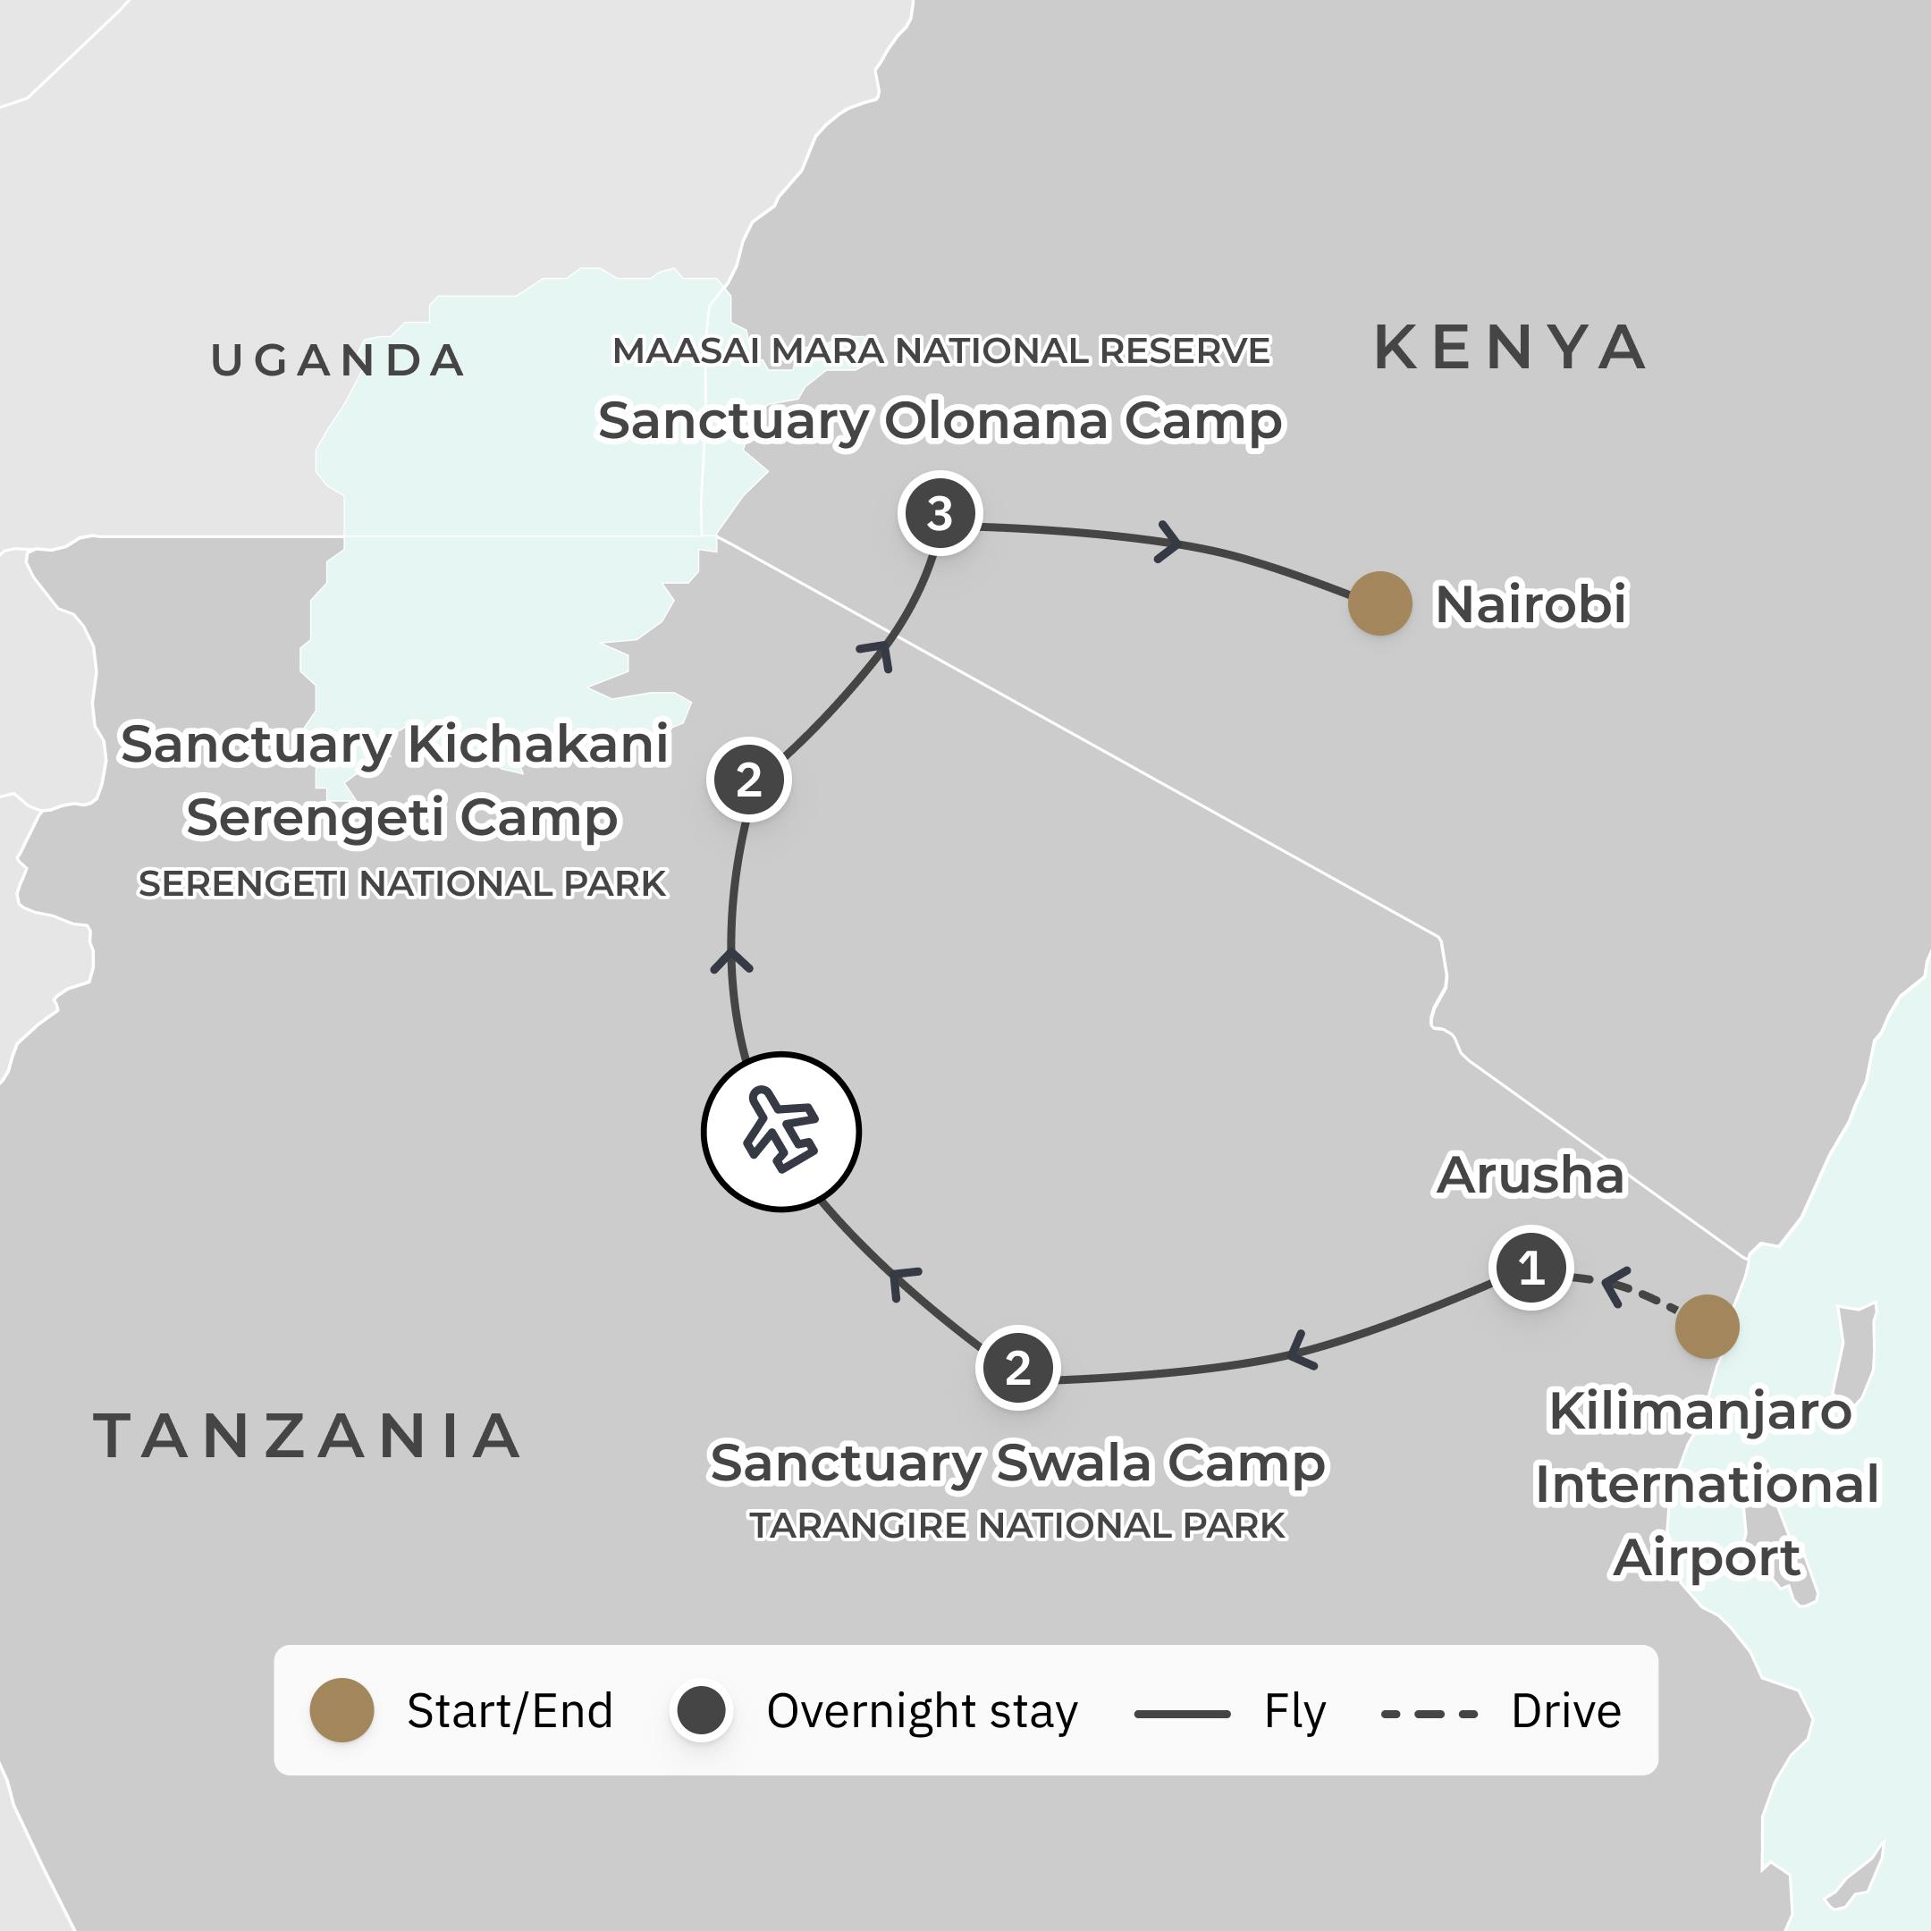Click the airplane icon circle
click(780, 1132)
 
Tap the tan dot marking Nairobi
click(1379, 603)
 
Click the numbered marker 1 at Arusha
click(1530, 1268)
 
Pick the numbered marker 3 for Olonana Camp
click(940, 514)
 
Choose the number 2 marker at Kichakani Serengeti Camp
click(748, 780)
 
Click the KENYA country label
click(1510, 348)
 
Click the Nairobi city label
click(1530, 603)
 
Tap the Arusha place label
click(1530, 1176)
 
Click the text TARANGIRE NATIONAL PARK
click(1017, 1526)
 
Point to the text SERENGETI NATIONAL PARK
click(401, 883)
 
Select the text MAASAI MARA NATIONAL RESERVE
click(940, 350)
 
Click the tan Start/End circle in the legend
click(342, 1710)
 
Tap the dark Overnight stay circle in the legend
click(701, 1710)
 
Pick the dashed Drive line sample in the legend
click(1429, 1713)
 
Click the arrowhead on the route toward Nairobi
click(1168, 543)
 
